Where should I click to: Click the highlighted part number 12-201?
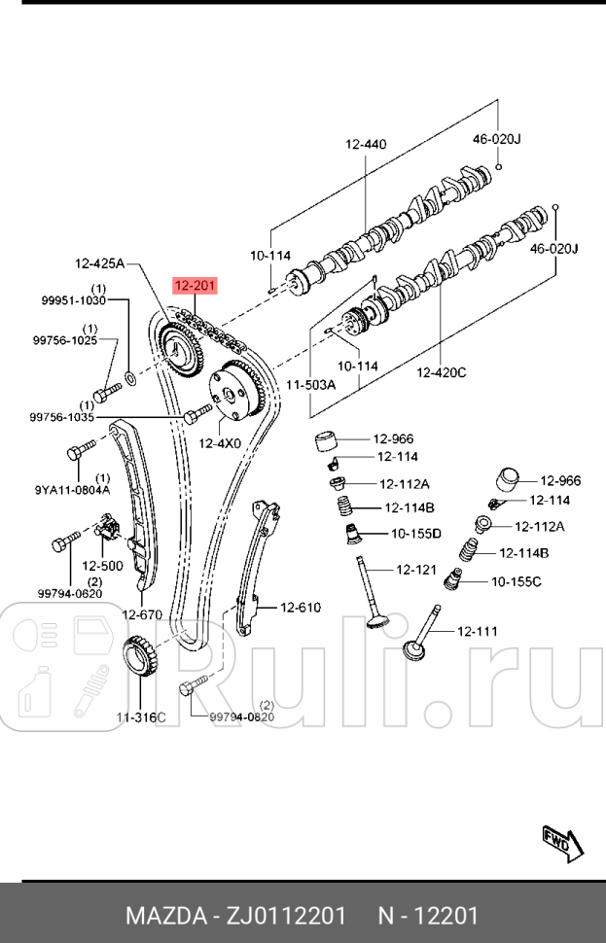195,285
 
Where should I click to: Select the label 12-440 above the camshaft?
366,145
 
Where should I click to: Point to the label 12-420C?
442,371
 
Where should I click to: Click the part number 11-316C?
141,717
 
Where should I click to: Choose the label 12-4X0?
220,443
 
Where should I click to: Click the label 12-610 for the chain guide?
301,608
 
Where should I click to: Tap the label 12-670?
142,613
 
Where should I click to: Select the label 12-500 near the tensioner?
102,565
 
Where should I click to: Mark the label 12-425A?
101,262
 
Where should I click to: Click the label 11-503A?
310,385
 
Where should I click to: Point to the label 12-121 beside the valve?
415,569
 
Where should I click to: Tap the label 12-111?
477,631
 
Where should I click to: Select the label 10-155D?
416,533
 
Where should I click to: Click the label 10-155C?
517,581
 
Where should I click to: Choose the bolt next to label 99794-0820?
190,690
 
